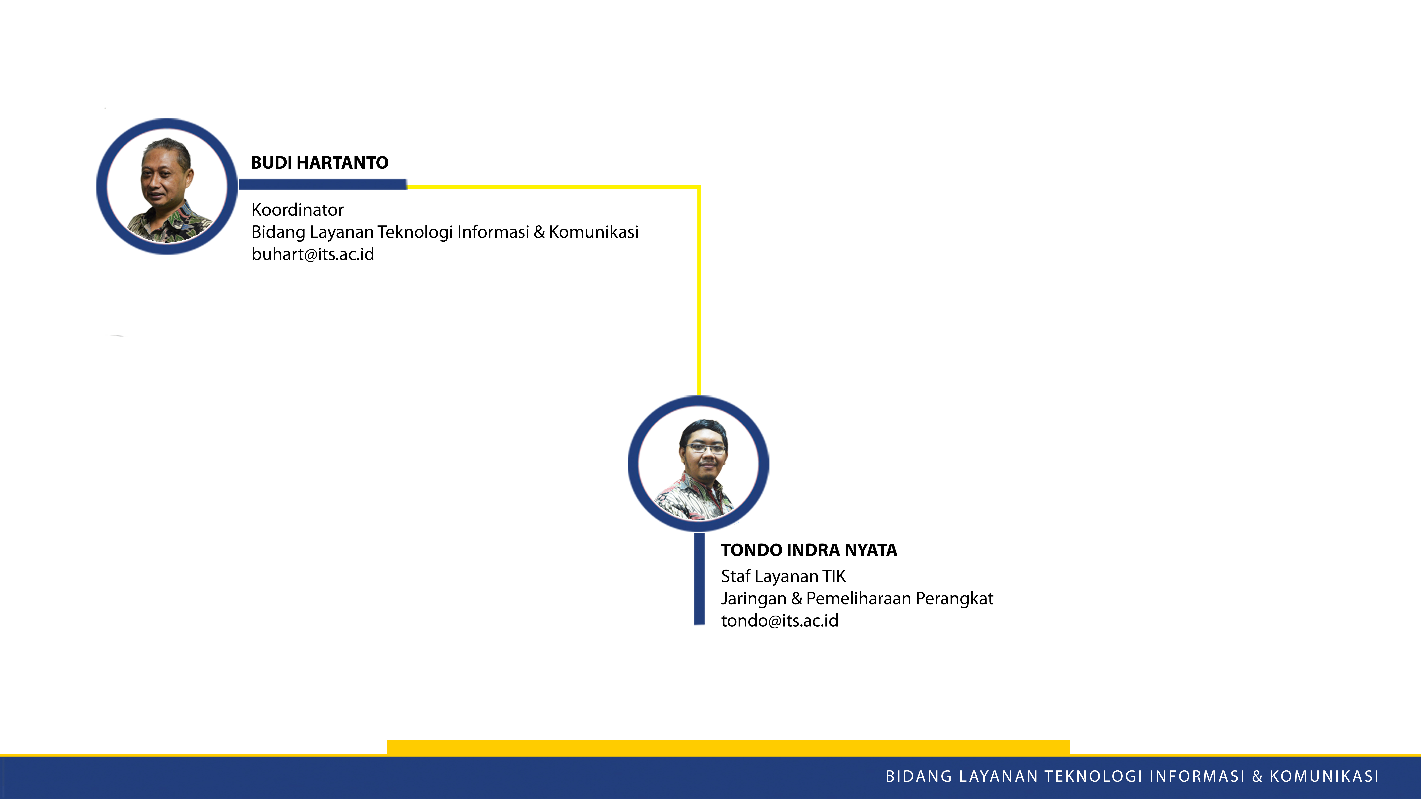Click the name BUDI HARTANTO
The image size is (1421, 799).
[x=319, y=163]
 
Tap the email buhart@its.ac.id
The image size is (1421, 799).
[x=313, y=254]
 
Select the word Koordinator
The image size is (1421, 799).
[x=297, y=209]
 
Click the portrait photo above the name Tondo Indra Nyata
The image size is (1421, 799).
[x=698, y=463]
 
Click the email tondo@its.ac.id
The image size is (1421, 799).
[x=779, y=621]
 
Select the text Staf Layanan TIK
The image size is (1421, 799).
[x=783, y=576]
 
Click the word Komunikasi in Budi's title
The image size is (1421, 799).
[x=594, y=232]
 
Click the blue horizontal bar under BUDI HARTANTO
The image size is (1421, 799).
[x=323, y=184]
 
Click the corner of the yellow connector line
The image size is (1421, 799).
[x=699, y=187]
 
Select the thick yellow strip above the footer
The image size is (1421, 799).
[x=729, y=747]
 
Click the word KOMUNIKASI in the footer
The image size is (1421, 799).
[x=1324, y=776]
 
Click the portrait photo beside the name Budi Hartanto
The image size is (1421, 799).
[x=167, y=186]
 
